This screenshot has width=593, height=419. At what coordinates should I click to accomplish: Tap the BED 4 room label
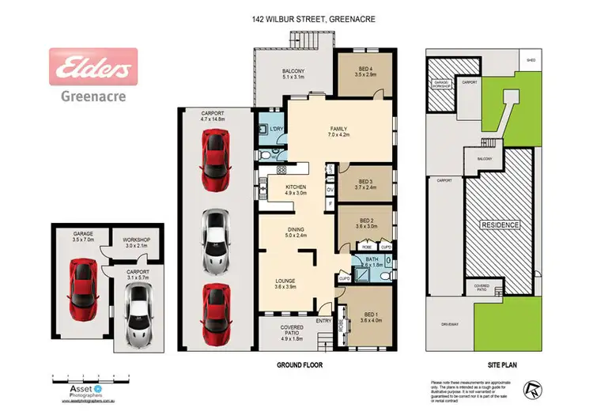click(364, 72)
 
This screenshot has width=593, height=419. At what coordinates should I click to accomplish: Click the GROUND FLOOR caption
click(299, 366)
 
